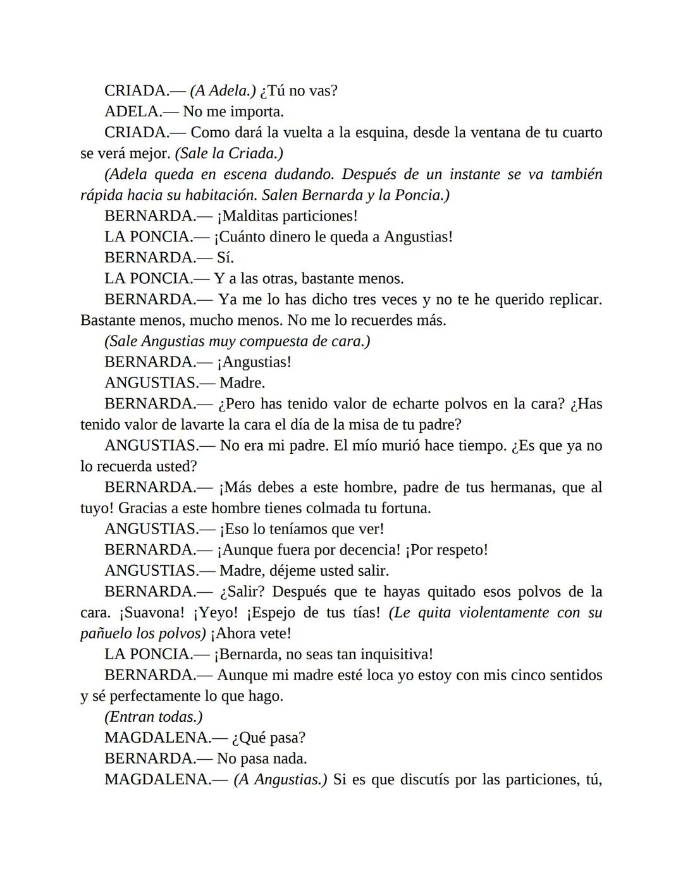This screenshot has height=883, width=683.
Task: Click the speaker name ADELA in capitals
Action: (x=132, y=112)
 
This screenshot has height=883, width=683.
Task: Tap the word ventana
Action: (x=498, y=133)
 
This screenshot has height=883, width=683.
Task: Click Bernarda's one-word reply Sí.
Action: (x=225, y=258)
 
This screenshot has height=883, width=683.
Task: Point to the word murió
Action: (x=396, y=446)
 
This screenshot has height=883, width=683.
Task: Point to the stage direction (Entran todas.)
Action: (x=154, y=717)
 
